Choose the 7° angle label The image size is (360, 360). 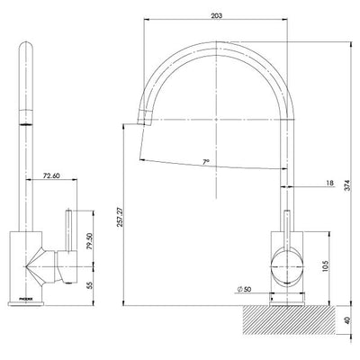[206, 163]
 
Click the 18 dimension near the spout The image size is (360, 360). [330, 183]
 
